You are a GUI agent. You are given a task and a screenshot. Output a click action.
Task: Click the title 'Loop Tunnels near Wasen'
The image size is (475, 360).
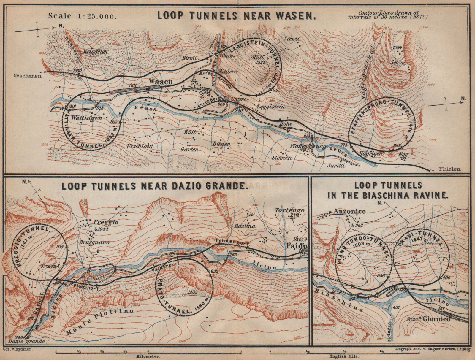236,15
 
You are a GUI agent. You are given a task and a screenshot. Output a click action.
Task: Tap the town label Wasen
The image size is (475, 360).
161,81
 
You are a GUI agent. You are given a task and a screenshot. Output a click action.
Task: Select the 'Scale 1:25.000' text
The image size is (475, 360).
82,16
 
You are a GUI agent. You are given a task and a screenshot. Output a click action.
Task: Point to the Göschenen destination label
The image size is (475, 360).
27,76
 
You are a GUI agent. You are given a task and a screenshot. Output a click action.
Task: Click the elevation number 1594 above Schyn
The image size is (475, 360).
398,47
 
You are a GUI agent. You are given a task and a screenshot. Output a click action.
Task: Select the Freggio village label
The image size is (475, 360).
106,222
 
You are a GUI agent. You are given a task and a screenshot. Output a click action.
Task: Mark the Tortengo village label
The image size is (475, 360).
290,210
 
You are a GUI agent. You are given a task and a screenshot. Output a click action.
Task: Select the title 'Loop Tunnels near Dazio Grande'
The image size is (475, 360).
154,186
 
